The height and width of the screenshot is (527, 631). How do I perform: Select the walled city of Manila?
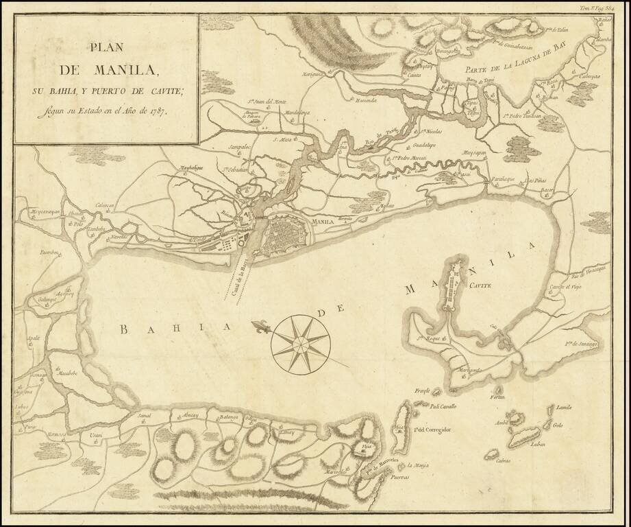[287, 235]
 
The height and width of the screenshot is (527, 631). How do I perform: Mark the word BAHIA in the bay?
[174, 330]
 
